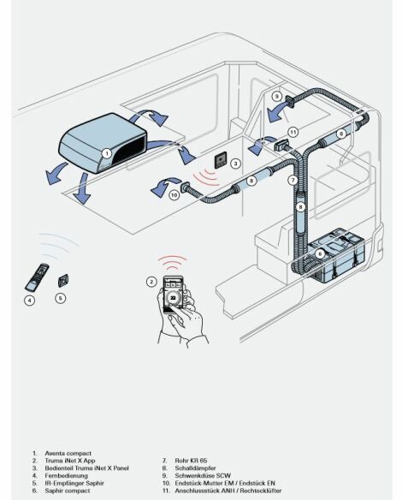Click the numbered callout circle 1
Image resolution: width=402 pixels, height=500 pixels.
pyautogui.click(x=107, y=154)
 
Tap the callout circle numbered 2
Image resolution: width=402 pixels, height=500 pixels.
pyautogui.click(x=151, y=282)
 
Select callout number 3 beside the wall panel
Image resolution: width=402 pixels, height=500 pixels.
pyautogui.click(x=235, y=164)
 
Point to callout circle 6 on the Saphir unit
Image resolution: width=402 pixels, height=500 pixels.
pyautogui.click(x=320, y=253)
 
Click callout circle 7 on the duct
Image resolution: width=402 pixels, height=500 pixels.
pyautogui.click(x=293, y=180)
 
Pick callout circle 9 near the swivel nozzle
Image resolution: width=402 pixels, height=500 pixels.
pyautogui.click(x=277, y=96)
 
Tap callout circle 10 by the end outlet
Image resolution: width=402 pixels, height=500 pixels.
pyautogui.click(x=174, y=195)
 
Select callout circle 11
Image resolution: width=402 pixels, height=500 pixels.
pyautogui.click(x=293, y=132)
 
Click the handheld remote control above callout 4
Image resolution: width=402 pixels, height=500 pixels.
pyautogui.click(x=37, y=277)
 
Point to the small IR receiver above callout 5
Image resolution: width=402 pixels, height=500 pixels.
pyautogui.click(x=63, y=281)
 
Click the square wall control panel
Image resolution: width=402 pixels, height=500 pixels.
pyautogui.click(x=221, y=160)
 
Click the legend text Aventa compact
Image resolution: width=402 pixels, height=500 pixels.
pyautogui.click(x=68, y=453)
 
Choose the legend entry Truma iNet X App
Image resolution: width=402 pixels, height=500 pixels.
pyautogui.click(x=70, y=461)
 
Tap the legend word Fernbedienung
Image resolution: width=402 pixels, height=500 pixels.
pyautogui.click(x=66, y=475)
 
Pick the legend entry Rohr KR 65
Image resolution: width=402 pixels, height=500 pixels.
pyautogui.click(x=191, y=461)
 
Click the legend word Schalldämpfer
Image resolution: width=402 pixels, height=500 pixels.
pyautogui.click(x=195, y=468)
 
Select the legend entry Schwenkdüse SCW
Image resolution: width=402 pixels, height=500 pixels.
pyautogui.click(x=203, y=475)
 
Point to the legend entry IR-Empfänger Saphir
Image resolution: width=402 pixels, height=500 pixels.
pyautogui.click(x=74, y=483)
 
